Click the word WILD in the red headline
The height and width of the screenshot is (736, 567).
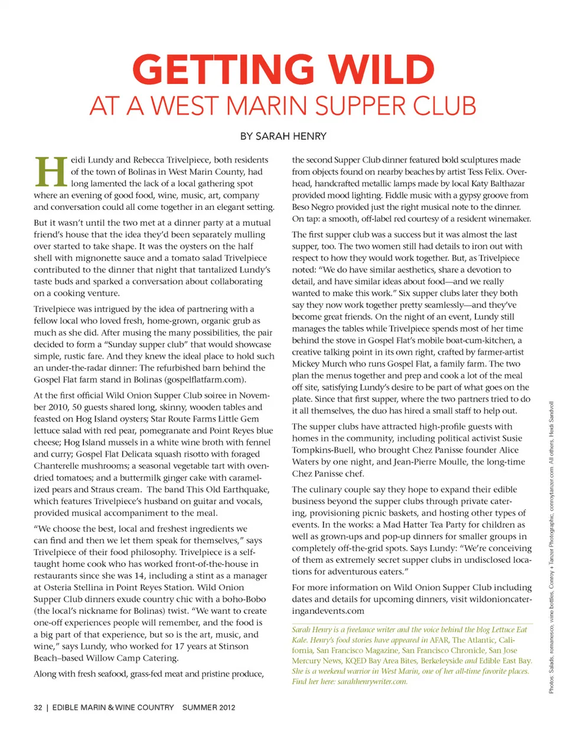pyautogui.click(x=382, y=70)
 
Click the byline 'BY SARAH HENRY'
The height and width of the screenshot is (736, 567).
pyautogui.click(x=283, y=137)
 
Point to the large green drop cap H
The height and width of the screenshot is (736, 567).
pyautogui.click(x=50, y=172)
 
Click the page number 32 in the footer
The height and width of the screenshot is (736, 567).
pyautogui.click(x=38, y=707)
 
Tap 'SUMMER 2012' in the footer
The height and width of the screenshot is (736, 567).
pyautogui.click(x=208, y=707)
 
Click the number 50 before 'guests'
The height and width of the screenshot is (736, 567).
pyautogui.click(x=77, y=407)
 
